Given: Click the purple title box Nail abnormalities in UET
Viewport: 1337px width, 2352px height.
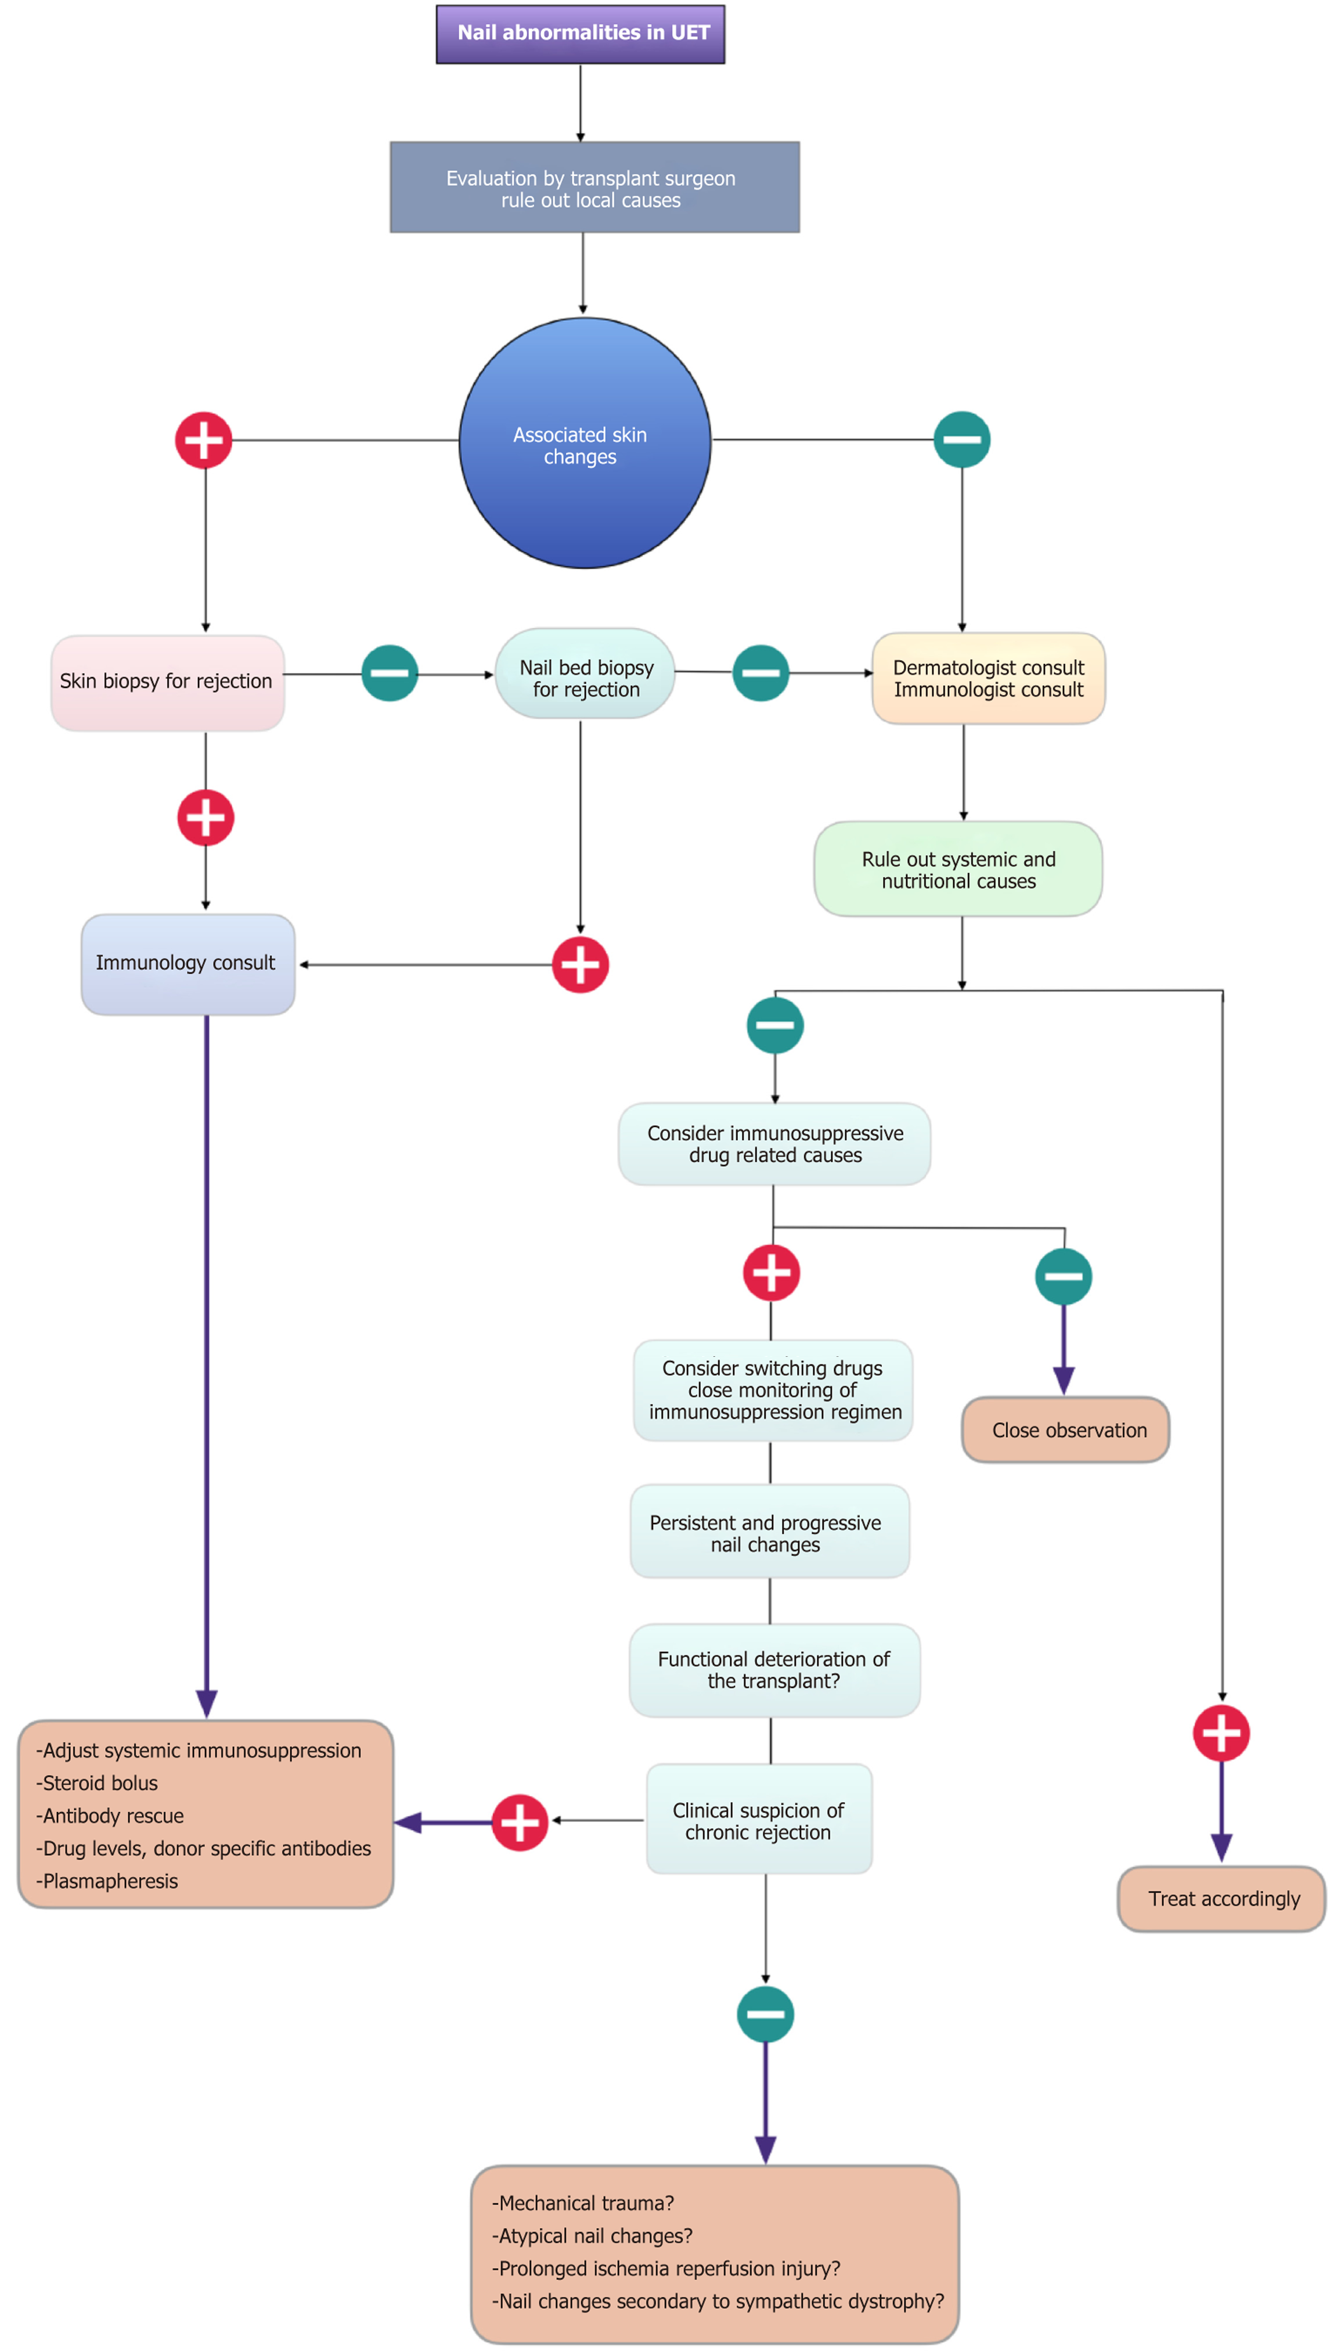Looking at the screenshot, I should click(581, 34).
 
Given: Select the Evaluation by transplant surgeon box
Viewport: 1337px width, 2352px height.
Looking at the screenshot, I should click(594, 188).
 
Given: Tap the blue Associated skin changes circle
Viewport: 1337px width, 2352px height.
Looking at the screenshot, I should click(584, 444).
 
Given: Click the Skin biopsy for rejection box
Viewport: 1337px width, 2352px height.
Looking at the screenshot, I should click(167, 682).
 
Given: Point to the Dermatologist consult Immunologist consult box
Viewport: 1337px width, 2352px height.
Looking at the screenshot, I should click(988, 679).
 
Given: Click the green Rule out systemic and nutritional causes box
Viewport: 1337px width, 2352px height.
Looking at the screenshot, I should click(958, 870).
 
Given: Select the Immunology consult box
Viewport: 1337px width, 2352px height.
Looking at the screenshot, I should click(188, 963).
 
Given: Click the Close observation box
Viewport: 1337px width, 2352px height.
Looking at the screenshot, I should click(1065, 1430).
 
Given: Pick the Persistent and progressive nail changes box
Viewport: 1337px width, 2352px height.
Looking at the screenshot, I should click(769, 1533).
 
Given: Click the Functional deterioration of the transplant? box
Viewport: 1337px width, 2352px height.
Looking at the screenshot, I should click(774, 1670).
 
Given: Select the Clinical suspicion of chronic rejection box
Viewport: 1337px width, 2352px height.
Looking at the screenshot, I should click(759, 1821).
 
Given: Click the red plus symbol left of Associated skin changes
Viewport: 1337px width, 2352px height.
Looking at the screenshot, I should click(203, 441).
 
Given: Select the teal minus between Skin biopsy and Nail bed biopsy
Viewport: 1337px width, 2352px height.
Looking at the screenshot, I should click(390, 673).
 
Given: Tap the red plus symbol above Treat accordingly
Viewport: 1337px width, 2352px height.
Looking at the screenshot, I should click(1220, 1734).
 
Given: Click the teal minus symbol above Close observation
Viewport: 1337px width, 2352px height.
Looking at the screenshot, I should click(1064, 1277).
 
